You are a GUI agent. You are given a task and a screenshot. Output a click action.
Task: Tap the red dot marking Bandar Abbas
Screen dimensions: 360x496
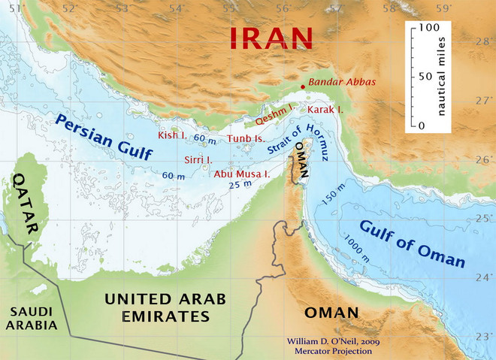(x=303, y=87)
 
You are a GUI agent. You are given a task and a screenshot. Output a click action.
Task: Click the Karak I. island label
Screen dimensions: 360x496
(x=325, y=110)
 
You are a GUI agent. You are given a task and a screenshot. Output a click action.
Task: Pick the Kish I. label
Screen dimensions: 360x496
(x=171, y=135)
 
